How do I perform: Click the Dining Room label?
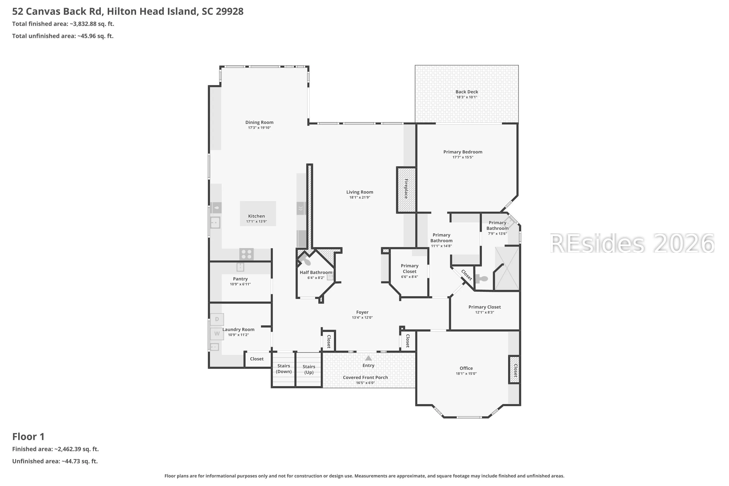(259, 122)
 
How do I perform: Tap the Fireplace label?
(406, 189)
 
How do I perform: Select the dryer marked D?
(217, 319)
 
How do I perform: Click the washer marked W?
(217, 334)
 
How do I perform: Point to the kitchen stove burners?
(246, 254)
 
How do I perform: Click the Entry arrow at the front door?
(368, 358)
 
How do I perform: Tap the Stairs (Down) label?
(284, 369)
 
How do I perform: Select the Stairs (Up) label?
(309, 369)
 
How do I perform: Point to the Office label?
(466, 368)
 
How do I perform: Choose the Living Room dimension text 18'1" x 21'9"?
(360, 197)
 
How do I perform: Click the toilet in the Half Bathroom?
(305, 260)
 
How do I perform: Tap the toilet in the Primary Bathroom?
(481, 279)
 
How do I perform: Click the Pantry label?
(240, 279)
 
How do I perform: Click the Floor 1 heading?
(28, 437)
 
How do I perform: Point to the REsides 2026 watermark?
(632, 244)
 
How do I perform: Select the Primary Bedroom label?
(463, 152)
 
